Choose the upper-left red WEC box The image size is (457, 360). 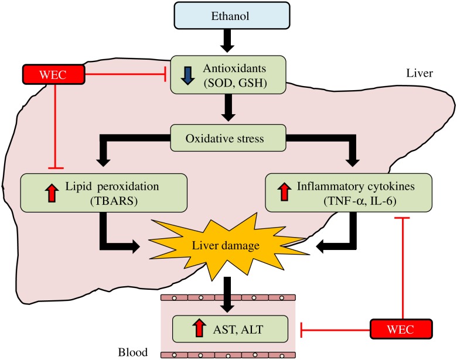53,75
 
